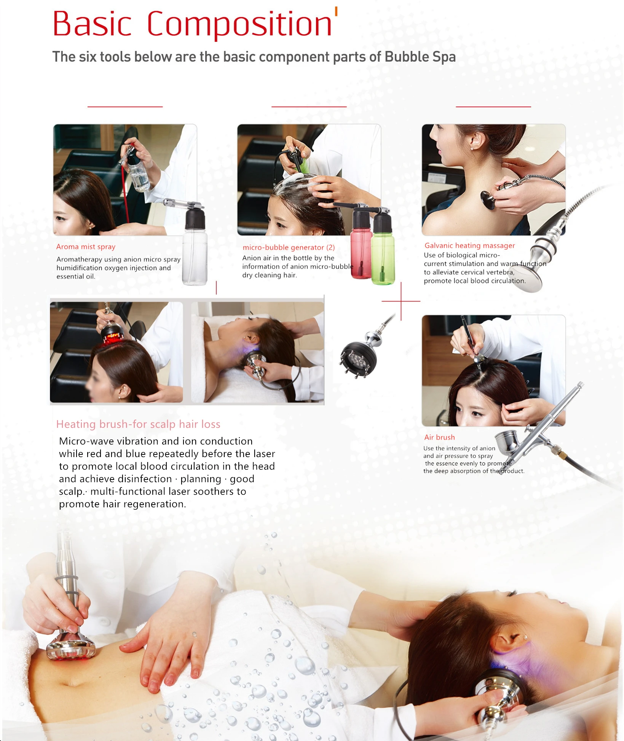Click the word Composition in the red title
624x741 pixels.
239,24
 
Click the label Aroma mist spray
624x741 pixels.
86,247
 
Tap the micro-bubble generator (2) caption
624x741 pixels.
289,247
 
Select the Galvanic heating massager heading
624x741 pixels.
469,245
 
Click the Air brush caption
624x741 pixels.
439,437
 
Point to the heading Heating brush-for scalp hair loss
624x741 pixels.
138,424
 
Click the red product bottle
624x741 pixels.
361,244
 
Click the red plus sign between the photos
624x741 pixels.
401,301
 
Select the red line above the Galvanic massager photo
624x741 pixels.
493,107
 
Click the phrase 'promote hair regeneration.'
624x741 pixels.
123,504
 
